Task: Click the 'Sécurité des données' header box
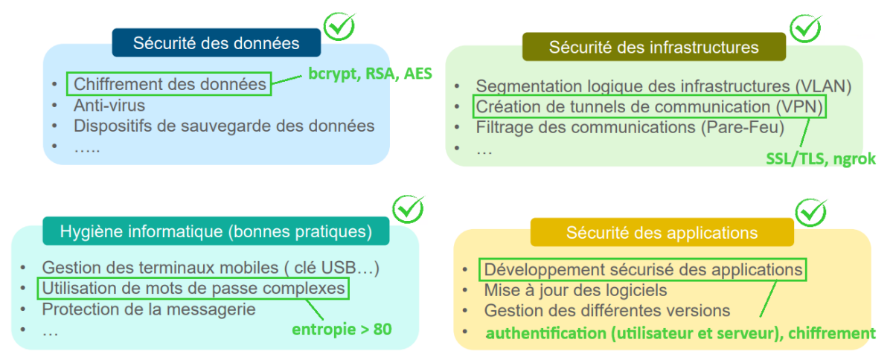pos(216,43)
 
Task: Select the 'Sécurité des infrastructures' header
pos(653,48)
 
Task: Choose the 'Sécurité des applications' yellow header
pos(662,233)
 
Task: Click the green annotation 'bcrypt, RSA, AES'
pos(370,74)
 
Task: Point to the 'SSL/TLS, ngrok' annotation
pos(821,158)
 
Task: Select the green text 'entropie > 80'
pos(343,328)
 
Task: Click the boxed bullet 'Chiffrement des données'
pos(170,85)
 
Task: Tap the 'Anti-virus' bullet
pos(109,106)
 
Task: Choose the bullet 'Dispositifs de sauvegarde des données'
pos(223,126)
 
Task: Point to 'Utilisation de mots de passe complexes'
pos(193,288)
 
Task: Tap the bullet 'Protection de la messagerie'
pos(149,308)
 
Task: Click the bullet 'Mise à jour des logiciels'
pos(575,290)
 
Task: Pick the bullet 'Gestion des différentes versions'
pos(606,310)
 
